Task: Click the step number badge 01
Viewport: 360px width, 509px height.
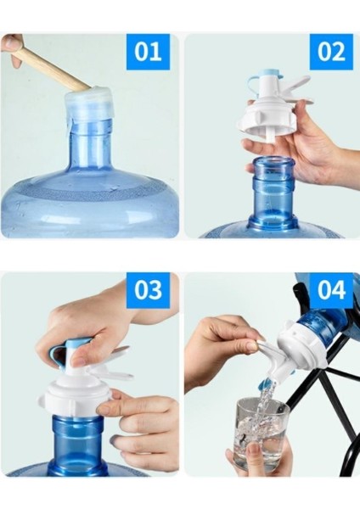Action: pos(148,52)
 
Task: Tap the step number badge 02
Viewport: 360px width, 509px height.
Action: pos(330,52)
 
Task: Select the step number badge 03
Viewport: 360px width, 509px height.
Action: pos(148,290)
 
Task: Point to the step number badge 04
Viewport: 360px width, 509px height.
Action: pos(330,290)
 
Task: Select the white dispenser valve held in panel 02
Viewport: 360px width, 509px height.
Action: pos(272,115)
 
